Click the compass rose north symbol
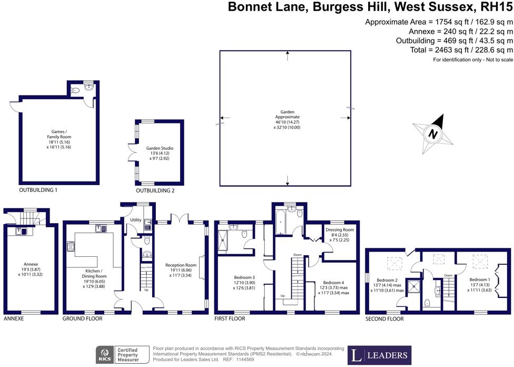coord(433,134)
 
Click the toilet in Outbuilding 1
coord(76,91)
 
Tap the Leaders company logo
coord(380,355)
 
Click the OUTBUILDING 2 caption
coord(155,190)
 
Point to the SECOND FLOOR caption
coord(384,319)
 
